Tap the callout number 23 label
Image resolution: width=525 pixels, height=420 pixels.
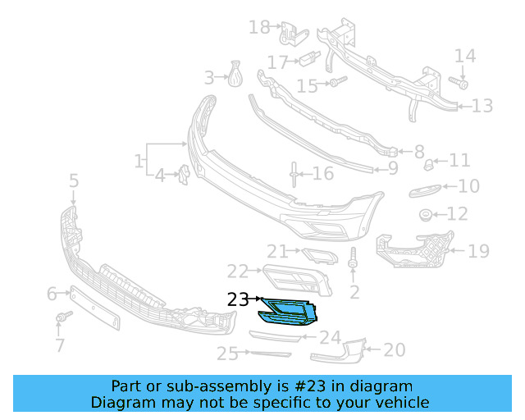(238, 300)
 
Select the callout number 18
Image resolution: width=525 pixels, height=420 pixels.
(259, 28)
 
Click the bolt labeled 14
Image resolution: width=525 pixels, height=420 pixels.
(459, 83)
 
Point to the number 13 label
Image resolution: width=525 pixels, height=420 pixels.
(482, 106)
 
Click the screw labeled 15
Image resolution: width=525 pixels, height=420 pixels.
(337, 82)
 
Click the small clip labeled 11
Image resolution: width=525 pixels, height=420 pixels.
(428, 166)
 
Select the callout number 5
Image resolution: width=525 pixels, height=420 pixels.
(73, 180)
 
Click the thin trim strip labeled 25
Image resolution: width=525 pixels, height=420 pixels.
(270, 354)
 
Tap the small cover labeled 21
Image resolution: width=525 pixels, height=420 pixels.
(318, 257)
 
